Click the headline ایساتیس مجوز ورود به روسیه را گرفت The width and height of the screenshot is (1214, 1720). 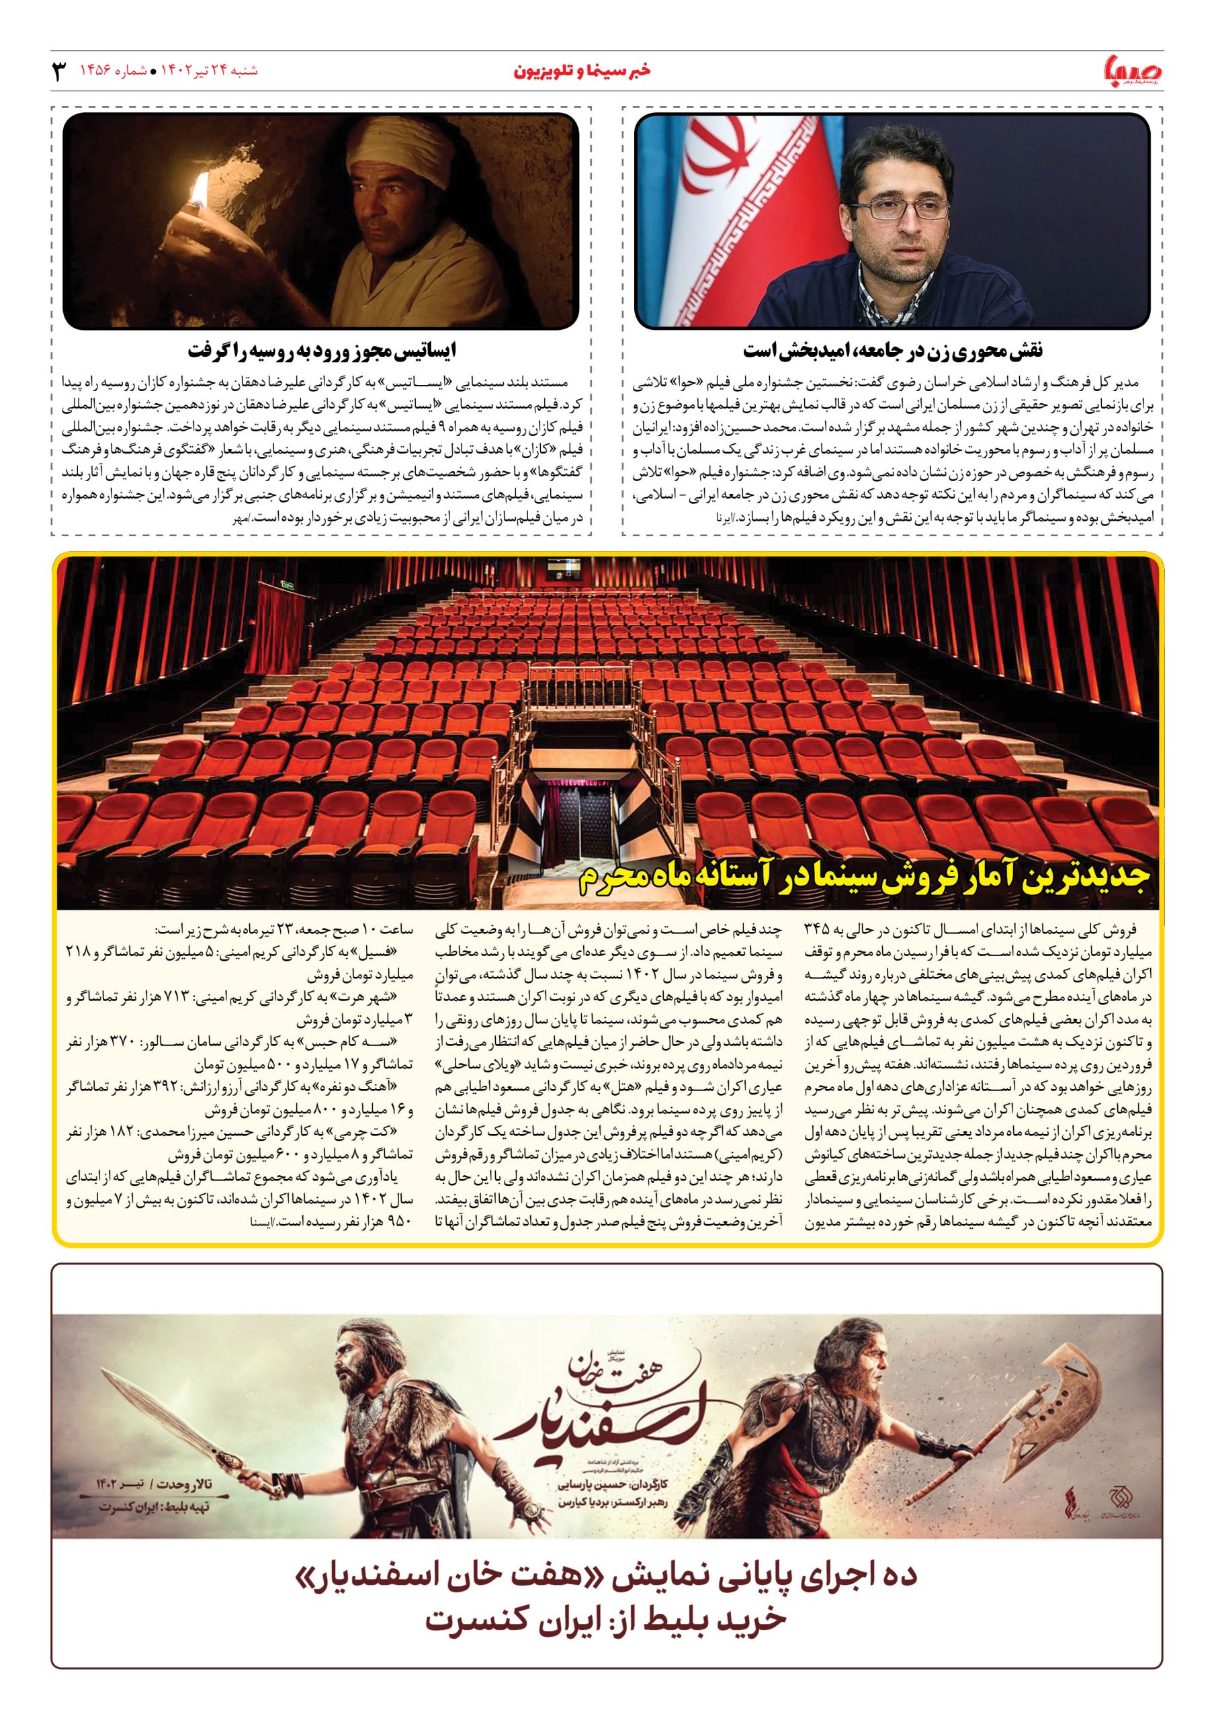(322, 351)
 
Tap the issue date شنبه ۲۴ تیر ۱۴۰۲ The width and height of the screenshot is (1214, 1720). (206, 71)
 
